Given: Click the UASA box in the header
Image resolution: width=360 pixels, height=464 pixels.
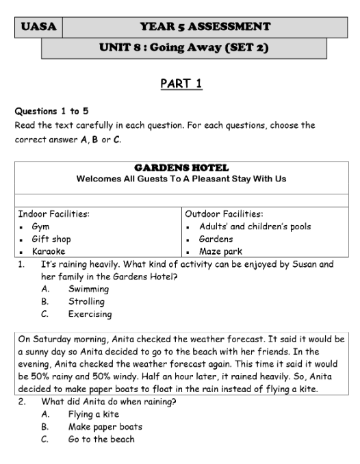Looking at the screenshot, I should pyautogui.click(x=38, y=27).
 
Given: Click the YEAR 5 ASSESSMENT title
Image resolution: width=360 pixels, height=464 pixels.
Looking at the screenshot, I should pyautogui.click(x=205, y=27).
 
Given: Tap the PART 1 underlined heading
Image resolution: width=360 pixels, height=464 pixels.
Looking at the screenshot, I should pyautogui.click(x=181, y=83).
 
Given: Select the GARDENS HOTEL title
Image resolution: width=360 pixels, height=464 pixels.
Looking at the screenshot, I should pyautogui.click(x=181, y=168).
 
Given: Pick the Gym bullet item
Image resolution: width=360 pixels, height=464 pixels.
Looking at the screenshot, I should pyautogui.click(x=40, y=227).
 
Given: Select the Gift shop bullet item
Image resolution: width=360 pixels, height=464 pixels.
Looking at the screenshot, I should pyautogui.click(x=51, y=239).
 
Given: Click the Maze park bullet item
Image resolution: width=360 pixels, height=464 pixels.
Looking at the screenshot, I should pyautogui.click(x=220, y=251).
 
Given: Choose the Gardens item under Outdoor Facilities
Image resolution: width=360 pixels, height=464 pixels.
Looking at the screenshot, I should pyautogui.click(x=216, y=239).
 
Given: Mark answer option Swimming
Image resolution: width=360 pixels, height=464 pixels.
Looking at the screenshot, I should pyautogui.click(x=88, y=289).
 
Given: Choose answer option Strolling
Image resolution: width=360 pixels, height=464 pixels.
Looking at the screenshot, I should pyautogui.click(x=86, y=301).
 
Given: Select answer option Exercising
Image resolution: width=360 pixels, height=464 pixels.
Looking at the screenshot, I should pyautogui.click(x=90, y=314).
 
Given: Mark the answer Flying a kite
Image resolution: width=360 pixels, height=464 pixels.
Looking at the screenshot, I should pyautogui.click(x=93, y=414).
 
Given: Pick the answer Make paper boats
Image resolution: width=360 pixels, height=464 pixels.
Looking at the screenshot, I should pyautogui.click(x=105, y=426).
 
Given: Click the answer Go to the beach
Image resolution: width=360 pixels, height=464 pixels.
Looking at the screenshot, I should pyautogui.click(x=101, y=439).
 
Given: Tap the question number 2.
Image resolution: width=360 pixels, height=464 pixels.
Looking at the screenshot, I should pyautogui.click(x=22, y=402).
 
